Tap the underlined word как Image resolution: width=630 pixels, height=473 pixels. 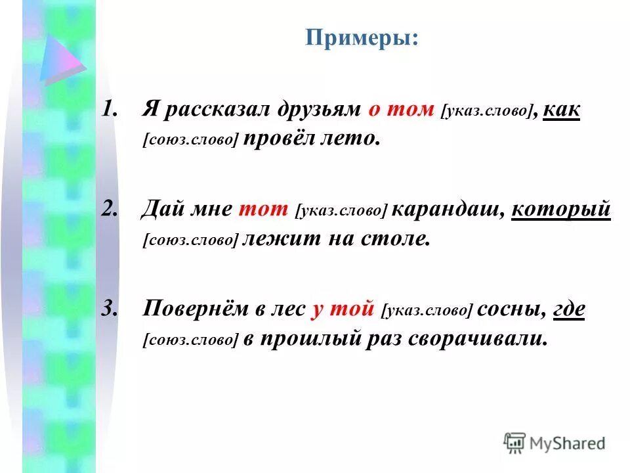pos(561,110)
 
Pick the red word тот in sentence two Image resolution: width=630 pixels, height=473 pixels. pos(264,210)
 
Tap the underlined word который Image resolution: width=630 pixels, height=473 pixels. pos(560,210)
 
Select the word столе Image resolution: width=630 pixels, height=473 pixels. pos(396,239)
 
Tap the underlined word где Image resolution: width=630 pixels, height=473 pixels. pos(569,309)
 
